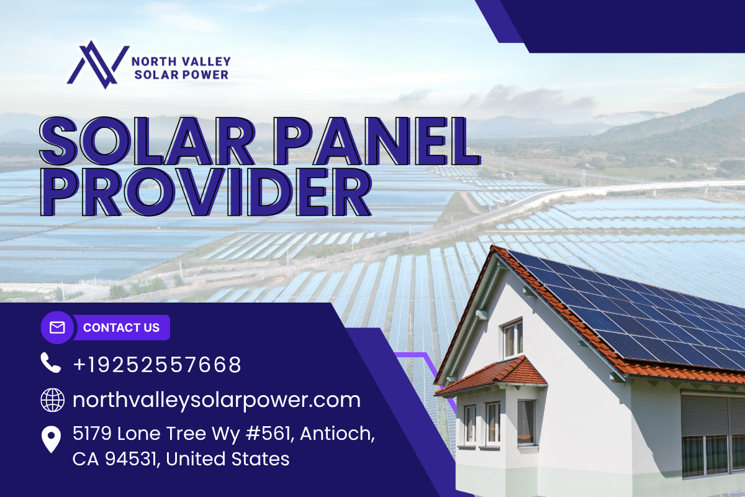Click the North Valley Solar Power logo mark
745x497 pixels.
click(x=98, y=65)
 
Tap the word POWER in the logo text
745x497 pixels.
click(x=205, y=75)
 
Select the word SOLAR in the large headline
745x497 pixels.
click(x=147, y=141)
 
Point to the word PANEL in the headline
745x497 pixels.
click(x=377, y=141)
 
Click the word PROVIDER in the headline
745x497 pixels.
click(x=206, y=192)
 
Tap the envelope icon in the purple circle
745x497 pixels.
click(x=57, y=327)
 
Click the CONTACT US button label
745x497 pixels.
click(x=122, y=327)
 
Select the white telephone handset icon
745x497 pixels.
click(x=50, y=363)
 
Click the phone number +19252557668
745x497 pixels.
click(x=157, y=365)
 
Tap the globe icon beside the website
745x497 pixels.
click(x=53, y=400)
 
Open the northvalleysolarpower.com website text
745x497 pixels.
click(x=217, y=401)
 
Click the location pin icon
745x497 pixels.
click(x=51, y=439)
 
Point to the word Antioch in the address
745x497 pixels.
click(x=337, y=434)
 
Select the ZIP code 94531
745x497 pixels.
click(x=131, y=459)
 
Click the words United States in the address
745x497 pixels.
click(x=227, y=459)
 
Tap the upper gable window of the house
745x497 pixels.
click(x=513, y=339)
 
